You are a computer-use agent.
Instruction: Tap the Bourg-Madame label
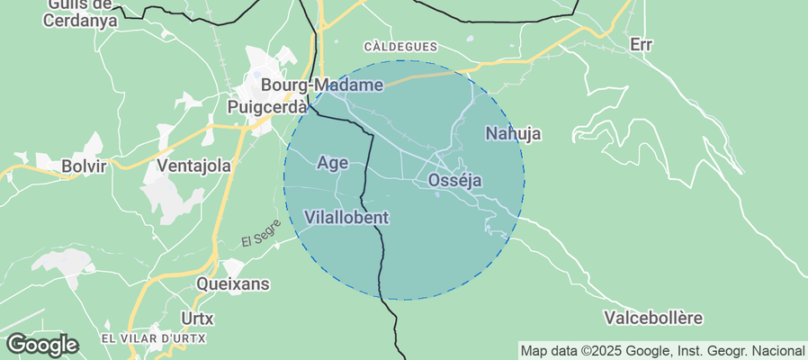tap(321, 85)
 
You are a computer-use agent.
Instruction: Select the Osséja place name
tap(454, 181)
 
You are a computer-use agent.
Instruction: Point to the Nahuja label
tap(513, 134)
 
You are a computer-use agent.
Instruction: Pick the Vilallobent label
tap(346, 217)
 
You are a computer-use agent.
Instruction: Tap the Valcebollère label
tap(653, 318)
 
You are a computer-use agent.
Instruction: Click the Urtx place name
tap(197, 318)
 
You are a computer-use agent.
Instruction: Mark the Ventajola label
tap(193, 166)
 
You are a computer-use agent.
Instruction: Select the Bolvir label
tap(84, 166)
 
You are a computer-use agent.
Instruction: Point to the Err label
tap(641, 44)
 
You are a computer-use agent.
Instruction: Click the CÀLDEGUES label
tap(400, 46)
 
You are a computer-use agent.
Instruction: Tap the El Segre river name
tap(261, 233)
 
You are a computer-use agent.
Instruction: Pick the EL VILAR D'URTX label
tap(153, 338)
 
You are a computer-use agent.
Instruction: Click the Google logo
tap(41, 344)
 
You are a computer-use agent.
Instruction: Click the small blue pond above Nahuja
tap(469, 40)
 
